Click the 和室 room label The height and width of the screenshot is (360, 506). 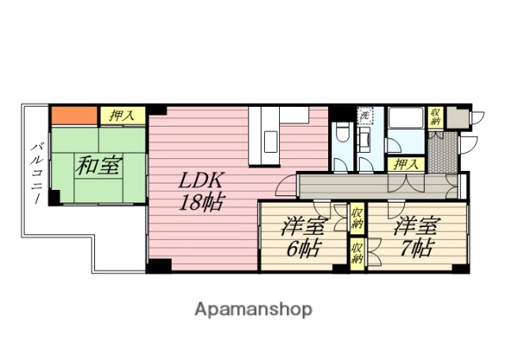click(99, 166)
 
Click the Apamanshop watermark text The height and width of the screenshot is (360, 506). click(253, 309)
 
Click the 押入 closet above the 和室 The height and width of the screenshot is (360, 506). click(122, 116)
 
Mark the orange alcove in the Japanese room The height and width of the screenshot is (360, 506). click(74, 116)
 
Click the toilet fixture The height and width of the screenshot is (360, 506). click(342, 134)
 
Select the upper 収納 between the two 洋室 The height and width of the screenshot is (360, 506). click(357, 217)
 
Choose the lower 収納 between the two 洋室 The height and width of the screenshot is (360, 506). click(357, 255)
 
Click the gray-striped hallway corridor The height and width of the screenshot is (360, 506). click(372, 186)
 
